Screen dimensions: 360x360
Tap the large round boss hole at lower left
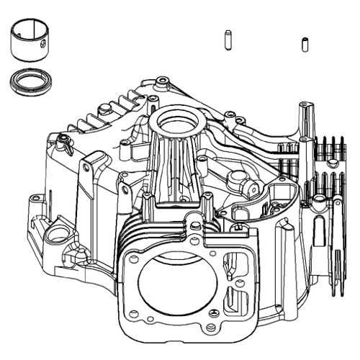tap(57, 233)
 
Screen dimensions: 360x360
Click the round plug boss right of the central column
tap(250, 188)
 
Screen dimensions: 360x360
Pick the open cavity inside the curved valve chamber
tap(266, 205)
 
